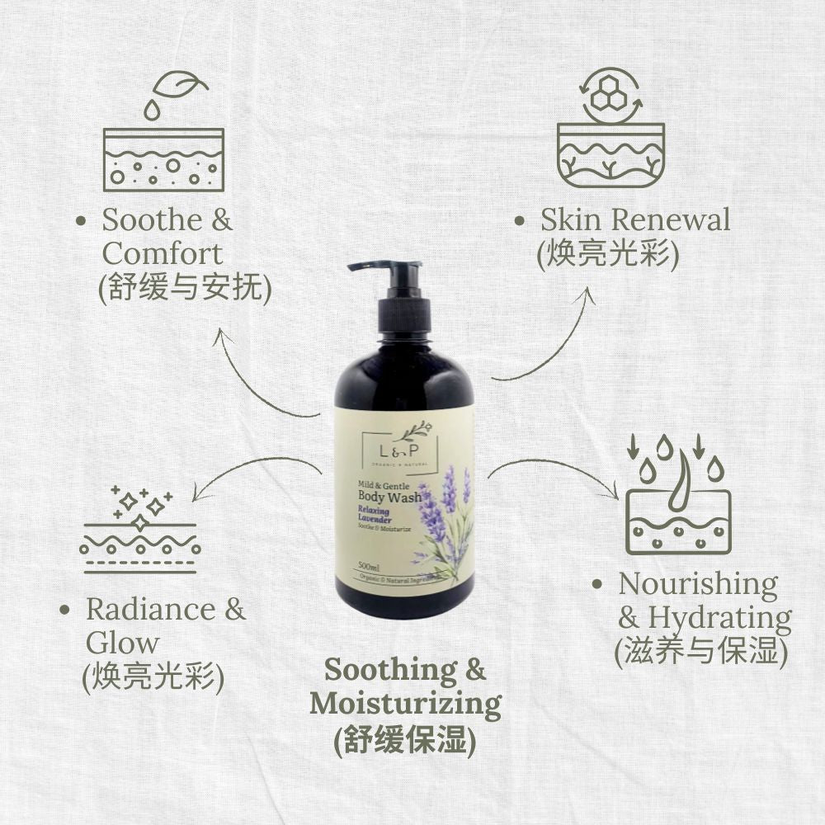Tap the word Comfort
(163, 253)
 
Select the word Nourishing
(698, 584)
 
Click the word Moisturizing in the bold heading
(405, 705)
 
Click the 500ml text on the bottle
(369, 567)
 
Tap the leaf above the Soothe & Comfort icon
(183, 85)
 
